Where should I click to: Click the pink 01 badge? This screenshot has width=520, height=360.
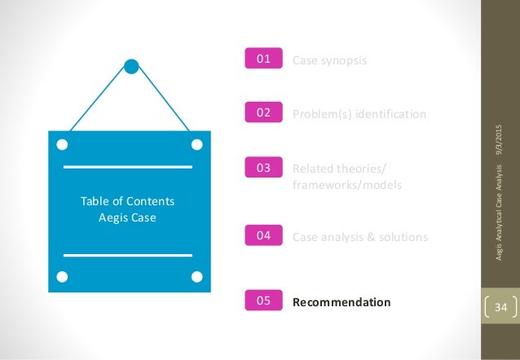(264, 59)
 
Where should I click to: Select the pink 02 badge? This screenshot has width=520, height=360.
(264, 113)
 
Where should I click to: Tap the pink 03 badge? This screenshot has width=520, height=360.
(264, 169)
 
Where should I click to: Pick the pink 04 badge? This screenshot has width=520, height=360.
(264, 236)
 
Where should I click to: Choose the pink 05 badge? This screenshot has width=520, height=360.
(264, 301)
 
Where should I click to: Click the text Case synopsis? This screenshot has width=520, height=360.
(329, 59)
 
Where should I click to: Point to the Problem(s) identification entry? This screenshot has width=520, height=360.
(359, 114)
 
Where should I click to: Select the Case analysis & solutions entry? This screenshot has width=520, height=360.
(359, 237)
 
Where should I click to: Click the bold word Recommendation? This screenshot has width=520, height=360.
(342, 302)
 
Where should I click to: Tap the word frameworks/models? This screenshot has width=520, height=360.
(346, 185)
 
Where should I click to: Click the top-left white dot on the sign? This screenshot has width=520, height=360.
(61, 146)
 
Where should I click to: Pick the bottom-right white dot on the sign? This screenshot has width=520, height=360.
(196, 278)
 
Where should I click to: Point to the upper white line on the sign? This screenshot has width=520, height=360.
(128, 167)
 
